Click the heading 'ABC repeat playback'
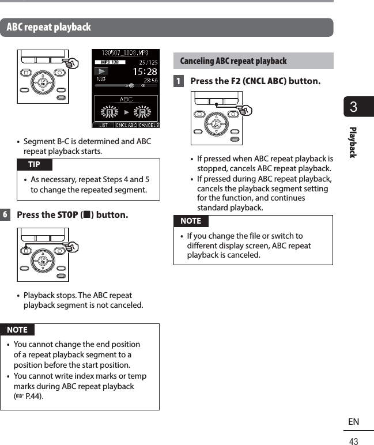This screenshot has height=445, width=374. [x=49, y=27]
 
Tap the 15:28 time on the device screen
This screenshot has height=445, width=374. [x=145, y=73]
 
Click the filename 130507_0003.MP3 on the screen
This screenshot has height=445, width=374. [x=126, y=53]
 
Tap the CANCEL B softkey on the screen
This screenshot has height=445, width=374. [x=148, y=124]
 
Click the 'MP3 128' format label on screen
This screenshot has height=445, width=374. [x=110, y=62]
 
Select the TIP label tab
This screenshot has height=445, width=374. [x=34, y=165]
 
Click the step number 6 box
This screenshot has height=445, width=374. [x=5, y=215]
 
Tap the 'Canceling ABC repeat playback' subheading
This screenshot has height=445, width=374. [x=233, y=61]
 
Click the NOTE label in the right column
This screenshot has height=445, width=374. [x=191, y=221]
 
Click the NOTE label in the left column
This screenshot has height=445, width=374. [x=17, y=330]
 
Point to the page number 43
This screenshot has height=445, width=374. [x=353, y=441]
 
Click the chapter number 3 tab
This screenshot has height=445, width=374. [x=354, y=107]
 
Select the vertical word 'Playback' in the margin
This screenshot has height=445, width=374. [x=353, y=142]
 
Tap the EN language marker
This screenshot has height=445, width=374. [x=353, y=422]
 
